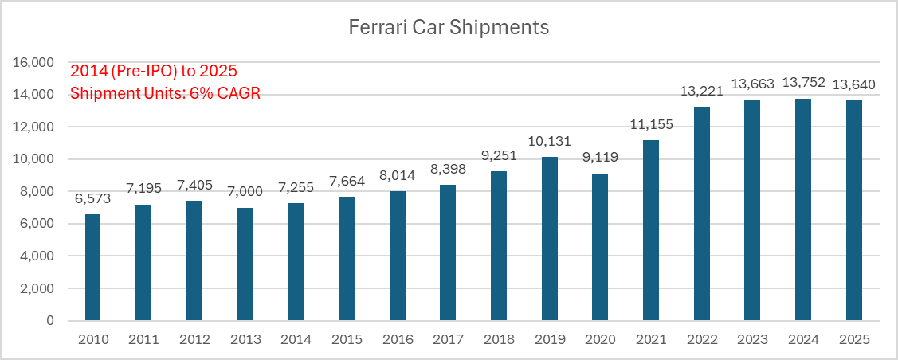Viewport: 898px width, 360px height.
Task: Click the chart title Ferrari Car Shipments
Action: point(449,28)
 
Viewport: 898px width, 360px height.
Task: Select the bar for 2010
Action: point(92,268)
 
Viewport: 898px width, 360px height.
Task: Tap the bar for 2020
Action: point(600,247)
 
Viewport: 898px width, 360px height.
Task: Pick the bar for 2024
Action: point(803,209)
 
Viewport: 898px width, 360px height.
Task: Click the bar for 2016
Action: point(397,256)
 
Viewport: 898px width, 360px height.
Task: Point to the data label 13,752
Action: point(803,83)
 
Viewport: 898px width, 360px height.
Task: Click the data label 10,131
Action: point(549,141)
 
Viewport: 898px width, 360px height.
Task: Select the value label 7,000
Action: point(245,192)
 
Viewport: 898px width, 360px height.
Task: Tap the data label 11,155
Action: point(650,125)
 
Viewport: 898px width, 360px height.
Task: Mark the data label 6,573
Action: point(92,199)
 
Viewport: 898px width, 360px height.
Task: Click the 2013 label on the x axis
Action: point(245,339)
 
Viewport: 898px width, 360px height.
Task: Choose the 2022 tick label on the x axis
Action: point(701,339)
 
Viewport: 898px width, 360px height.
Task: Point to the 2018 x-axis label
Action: point(499,339)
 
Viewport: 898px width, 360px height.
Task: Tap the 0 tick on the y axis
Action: point(50,321)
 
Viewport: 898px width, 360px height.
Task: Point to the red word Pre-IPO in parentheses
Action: point(138,72)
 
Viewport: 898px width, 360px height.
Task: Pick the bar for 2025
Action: point(854,210)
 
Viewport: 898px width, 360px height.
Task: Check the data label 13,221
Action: point(701,91)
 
